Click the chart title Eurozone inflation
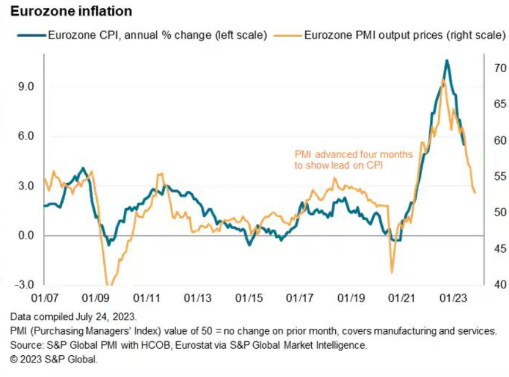pos(65,11)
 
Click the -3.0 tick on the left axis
pos(23,285)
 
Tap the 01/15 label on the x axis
pos(249,298)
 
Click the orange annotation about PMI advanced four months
pos(353,160)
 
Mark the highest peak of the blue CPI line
pos(447,60)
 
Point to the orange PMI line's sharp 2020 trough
pos(392,272)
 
